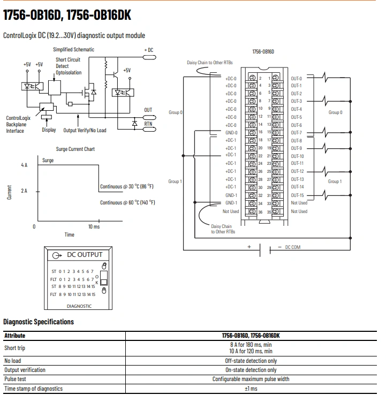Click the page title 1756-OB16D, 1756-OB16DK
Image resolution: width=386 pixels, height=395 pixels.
67,16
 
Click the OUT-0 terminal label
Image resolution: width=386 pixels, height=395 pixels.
296,78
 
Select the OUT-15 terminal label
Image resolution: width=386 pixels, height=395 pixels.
297,195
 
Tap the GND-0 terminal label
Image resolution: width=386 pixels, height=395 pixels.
231,132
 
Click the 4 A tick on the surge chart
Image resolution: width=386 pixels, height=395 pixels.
24,165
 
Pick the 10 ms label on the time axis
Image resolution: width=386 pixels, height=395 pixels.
94,226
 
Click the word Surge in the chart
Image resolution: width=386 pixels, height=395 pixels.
48,160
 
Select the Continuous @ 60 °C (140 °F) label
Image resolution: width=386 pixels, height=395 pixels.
127,202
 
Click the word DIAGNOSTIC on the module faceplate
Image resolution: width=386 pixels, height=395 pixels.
79,306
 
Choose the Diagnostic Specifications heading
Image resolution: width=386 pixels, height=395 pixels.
39,322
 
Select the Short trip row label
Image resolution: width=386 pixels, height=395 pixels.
15,348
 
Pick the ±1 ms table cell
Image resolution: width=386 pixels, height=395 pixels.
251,389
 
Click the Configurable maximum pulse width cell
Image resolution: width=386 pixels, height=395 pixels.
251,379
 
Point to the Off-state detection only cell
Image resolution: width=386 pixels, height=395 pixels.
251,361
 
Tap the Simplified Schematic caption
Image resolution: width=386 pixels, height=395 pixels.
73,49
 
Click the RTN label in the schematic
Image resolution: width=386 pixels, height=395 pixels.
148,124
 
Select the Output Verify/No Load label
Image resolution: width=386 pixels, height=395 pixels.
85,130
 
